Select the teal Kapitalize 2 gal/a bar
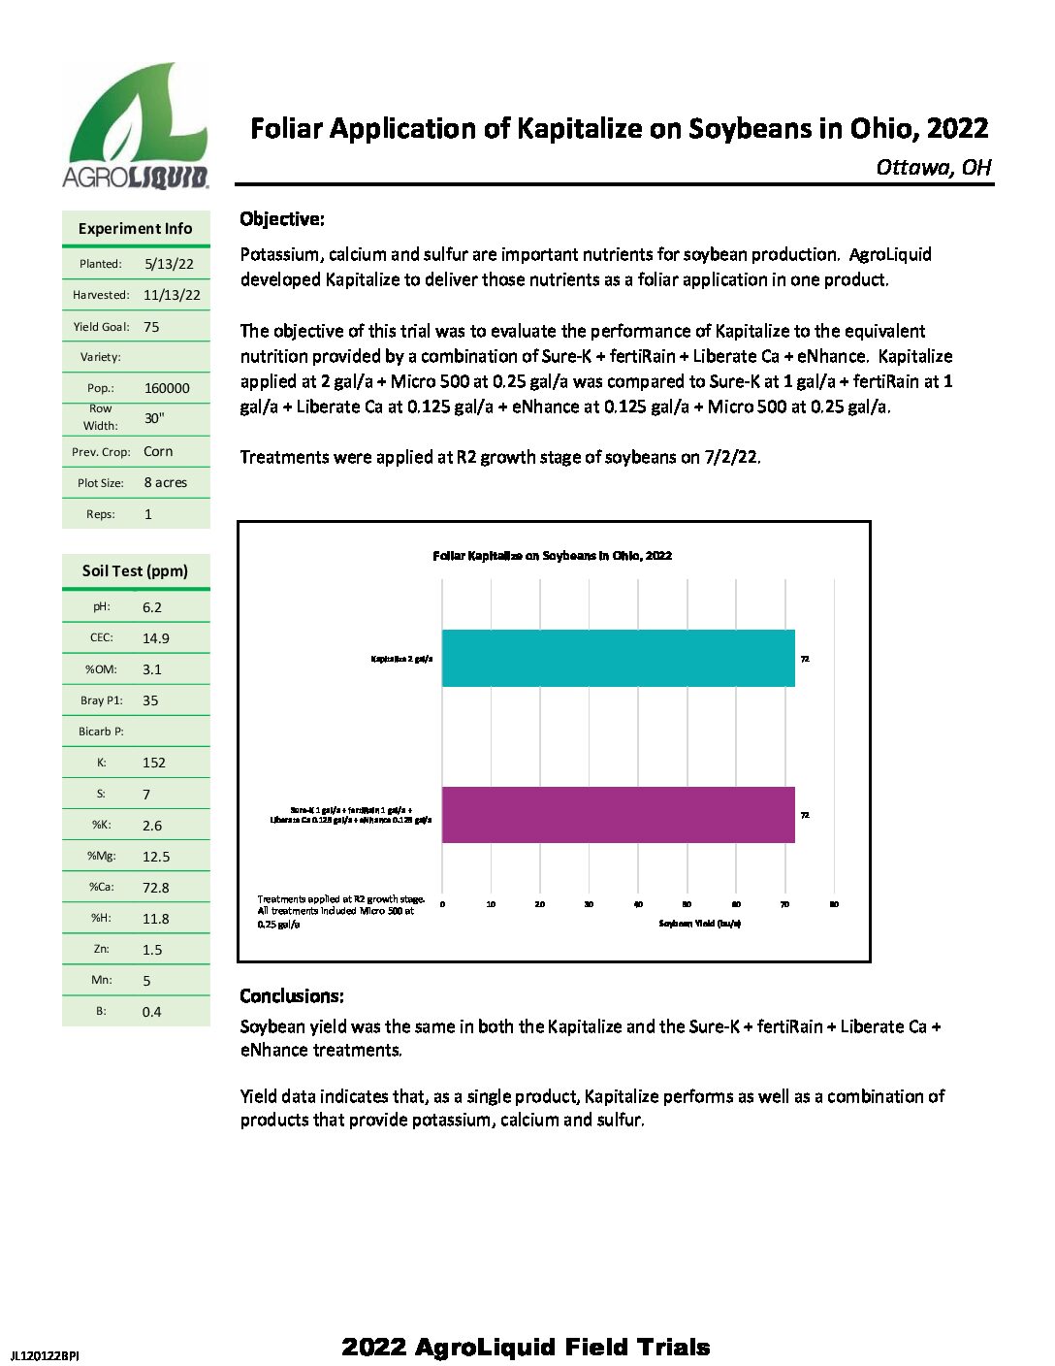[x=618, y=659]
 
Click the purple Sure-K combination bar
[x=618, y=815]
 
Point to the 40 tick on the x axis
[x=638, y=904]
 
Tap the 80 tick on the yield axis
[x=834, y=904]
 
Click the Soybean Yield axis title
[x=699, y=924]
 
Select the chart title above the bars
[x=552, y=556]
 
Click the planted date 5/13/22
[x=169, y=264]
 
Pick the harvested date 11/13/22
[x=172, y=295]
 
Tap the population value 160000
[x=167, y=388]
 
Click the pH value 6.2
[x=152, y=607]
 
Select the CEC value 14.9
[x=155, y=638]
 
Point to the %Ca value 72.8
[x=155, y=888]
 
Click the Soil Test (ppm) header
[x=135, y=570]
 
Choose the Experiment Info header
[x=135, y=229]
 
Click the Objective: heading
[x=282, y=219]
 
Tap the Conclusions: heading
[x=292, y=996]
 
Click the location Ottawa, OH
[x=934, y=168]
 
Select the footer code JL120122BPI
[x=45, y=1355]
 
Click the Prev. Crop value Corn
[x=158, y=451]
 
